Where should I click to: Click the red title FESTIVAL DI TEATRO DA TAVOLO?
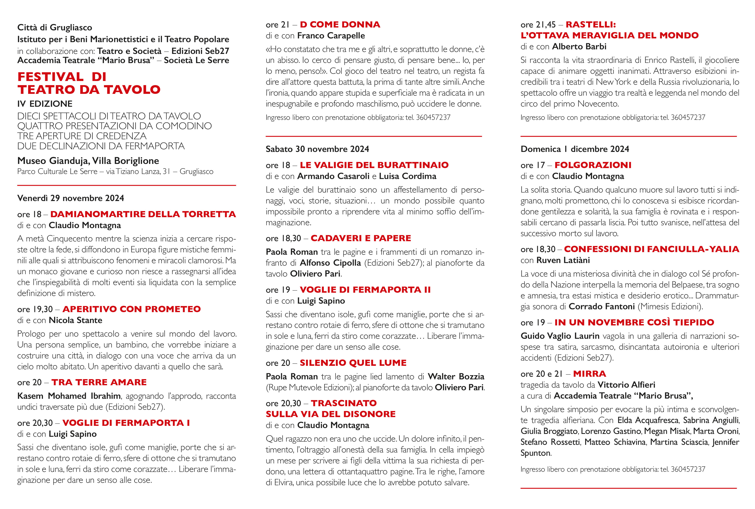[x=89, y=83]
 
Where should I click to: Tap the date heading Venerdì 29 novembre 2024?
[x=71, y=198]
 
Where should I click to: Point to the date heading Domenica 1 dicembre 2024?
[x=574, y=149]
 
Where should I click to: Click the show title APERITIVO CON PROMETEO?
[x=132, y=309]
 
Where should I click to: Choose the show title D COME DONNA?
[x=340, y=25]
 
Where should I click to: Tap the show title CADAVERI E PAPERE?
[x=360, y=238]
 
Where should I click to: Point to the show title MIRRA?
[x=589, y=374]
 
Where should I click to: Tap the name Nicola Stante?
[x=75, y=320]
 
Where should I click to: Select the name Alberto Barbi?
[x=579, y=47]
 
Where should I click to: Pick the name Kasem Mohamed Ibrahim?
[x=69, y=396]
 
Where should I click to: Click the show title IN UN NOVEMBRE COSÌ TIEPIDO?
[x=634, y=322]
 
